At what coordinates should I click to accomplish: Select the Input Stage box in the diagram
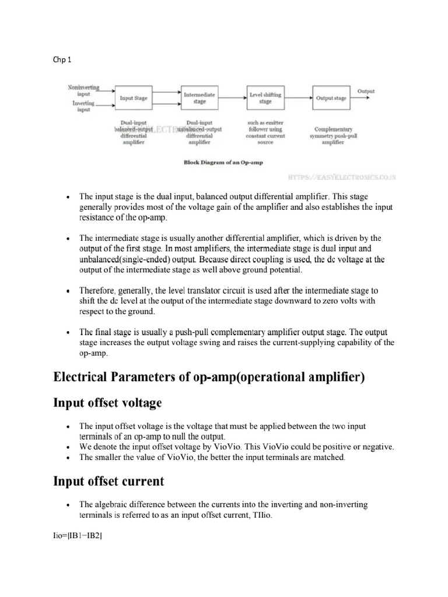point(134,99)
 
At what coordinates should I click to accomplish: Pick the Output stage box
point(331,99)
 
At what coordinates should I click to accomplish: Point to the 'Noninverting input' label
point(83,90)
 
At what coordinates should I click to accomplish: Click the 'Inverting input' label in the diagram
point(83,106)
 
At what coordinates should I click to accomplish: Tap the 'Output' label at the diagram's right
point(366,92)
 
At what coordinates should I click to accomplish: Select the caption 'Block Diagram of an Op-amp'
point(223,163)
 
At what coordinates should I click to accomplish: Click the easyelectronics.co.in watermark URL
point(342,175)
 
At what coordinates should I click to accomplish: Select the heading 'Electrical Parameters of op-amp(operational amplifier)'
point(209,377)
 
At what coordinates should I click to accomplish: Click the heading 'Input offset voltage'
point(108,403)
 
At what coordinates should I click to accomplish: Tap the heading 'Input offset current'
point(108,482)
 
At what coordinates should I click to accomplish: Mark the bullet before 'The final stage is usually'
point(68,332)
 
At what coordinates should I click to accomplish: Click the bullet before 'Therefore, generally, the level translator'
point(68,290)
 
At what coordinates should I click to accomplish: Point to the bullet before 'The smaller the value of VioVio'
point(68,458)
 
